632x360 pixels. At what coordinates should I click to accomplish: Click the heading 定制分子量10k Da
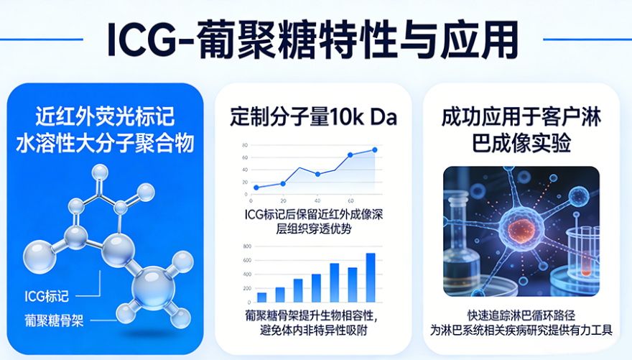314,116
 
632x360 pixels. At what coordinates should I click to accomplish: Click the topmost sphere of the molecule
100,172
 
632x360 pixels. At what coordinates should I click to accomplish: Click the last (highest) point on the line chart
374,149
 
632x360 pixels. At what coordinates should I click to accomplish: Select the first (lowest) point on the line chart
256,188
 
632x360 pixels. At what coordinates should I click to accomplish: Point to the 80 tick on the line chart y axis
245,145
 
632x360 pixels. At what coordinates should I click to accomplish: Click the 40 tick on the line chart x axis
317,200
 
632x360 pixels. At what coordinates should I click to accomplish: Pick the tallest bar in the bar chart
371,277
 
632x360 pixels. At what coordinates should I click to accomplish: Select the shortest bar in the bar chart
261,297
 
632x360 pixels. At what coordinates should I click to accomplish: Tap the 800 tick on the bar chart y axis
246,246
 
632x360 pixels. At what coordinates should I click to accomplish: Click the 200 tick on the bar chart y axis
246,288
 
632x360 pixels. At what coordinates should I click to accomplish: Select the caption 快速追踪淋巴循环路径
521,315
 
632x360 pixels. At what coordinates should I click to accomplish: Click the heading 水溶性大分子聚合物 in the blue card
105,142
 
